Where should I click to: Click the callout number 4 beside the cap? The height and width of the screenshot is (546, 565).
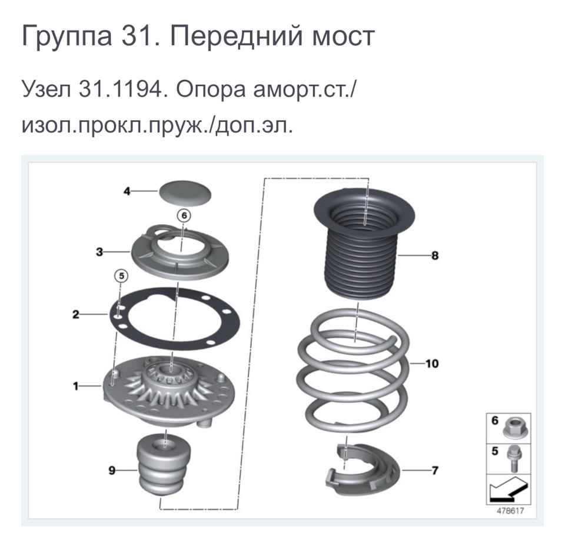[127, 191]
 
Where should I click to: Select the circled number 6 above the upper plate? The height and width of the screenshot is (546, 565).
[184, 216]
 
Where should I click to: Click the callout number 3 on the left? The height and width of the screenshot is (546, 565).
[100, 252]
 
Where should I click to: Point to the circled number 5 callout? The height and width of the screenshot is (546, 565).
[120, 275]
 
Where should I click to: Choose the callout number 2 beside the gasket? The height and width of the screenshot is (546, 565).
[75, 315]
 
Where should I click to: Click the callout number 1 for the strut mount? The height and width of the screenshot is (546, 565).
[75, 386]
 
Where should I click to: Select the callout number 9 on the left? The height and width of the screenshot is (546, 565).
[111, 470]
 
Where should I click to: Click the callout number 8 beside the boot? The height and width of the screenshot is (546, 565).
[435, 256]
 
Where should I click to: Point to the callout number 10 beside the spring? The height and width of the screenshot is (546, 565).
[432, 364]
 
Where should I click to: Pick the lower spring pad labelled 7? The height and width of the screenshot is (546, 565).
[361, 468]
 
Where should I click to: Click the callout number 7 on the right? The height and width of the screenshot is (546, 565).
[435, 470]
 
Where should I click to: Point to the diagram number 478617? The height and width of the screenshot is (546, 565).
[510, 511]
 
